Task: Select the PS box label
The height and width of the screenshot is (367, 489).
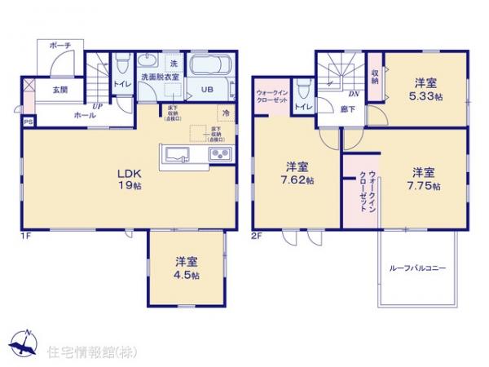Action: [29, 122]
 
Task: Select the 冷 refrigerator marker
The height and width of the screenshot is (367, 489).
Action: [224, 115]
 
